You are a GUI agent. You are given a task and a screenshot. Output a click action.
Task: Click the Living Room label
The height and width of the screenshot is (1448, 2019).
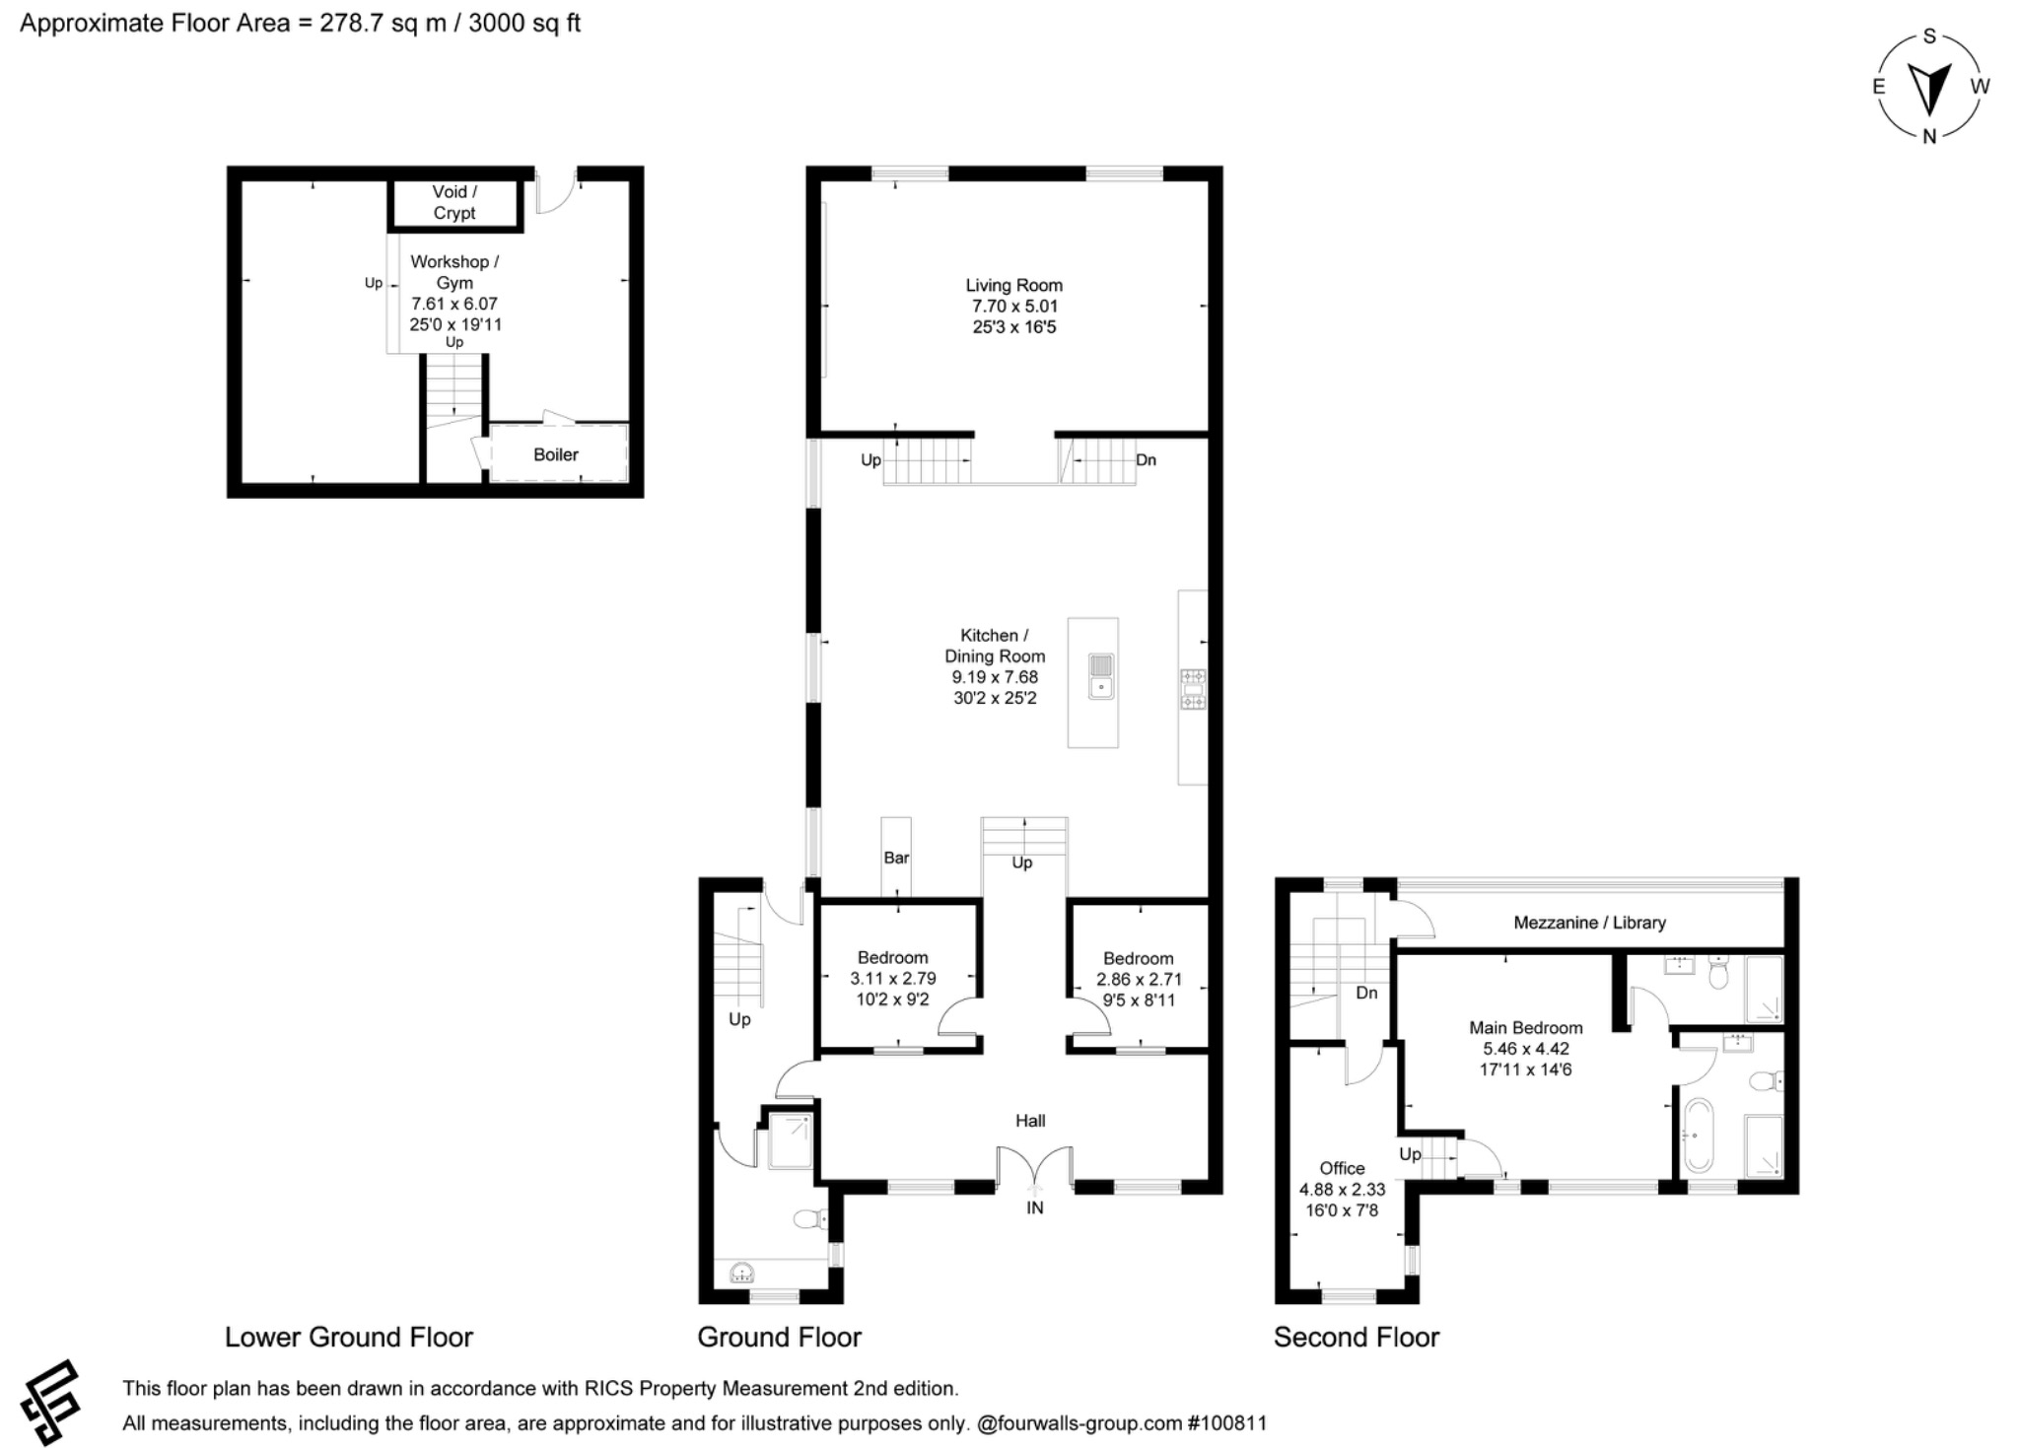pyautogui.click(x=1013, y=286)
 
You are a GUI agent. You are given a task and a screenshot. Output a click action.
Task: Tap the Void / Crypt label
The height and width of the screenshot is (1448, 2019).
pyautogui.click(x=454, y=202)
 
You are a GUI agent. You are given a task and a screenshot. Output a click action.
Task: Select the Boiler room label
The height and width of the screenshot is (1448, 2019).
pyautogui.click(x=555, y=454)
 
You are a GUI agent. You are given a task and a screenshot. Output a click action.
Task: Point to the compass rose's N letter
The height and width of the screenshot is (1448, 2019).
pyautogui.click(x=1929, y=137)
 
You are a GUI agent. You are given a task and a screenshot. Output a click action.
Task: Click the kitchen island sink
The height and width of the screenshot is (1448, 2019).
pyautogui.click(x=1101, y=676)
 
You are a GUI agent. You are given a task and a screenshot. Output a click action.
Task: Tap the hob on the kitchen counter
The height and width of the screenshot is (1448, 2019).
pyautogui.click(x=1193, y=688)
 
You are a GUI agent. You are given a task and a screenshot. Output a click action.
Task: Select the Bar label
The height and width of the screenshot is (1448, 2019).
pyautogui.click(x=896, y=858)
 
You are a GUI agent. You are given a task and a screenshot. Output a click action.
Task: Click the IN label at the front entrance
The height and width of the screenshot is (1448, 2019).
pyautogui.click(x=1034, y=1207)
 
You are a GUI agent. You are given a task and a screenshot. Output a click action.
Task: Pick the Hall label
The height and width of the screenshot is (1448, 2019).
pyautogui.click(x=1030, y=1121)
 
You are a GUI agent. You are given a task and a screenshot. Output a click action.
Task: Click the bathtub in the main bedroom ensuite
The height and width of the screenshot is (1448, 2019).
pyautogui.click(x=1699, y=1135)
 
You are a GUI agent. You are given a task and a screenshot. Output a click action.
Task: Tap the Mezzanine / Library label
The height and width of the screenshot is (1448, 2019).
pyautogui.click(x=1589, y=923)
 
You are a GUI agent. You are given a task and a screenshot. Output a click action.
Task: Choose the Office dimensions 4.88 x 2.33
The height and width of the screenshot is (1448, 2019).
pyautogui.click(x=1342, y=1190)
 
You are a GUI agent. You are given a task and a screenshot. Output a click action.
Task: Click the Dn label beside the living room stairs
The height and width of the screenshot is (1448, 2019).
pyautogui.click(x=1146, y=460)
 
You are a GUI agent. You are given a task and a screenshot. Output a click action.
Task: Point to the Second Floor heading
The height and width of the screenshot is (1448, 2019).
pyautogui.click(x=1356, y=1338)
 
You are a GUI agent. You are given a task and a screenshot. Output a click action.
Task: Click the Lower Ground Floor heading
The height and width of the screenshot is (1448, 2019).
pyautogui.click(x=349, y=1338)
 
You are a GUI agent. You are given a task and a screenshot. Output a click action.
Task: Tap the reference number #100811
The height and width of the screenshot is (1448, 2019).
pyautogui.click(x=1226, y=1423)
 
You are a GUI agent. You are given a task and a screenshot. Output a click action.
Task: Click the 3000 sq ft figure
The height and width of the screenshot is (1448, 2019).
pyautogui.click(x=523, y=23)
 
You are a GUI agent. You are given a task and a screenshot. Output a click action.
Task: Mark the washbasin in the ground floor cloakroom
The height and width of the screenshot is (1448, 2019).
pyautogui.click(x=741, y=1274)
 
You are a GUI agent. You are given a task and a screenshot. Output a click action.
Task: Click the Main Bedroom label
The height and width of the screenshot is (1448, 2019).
pyautogui.click(x=1525, y=1028)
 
